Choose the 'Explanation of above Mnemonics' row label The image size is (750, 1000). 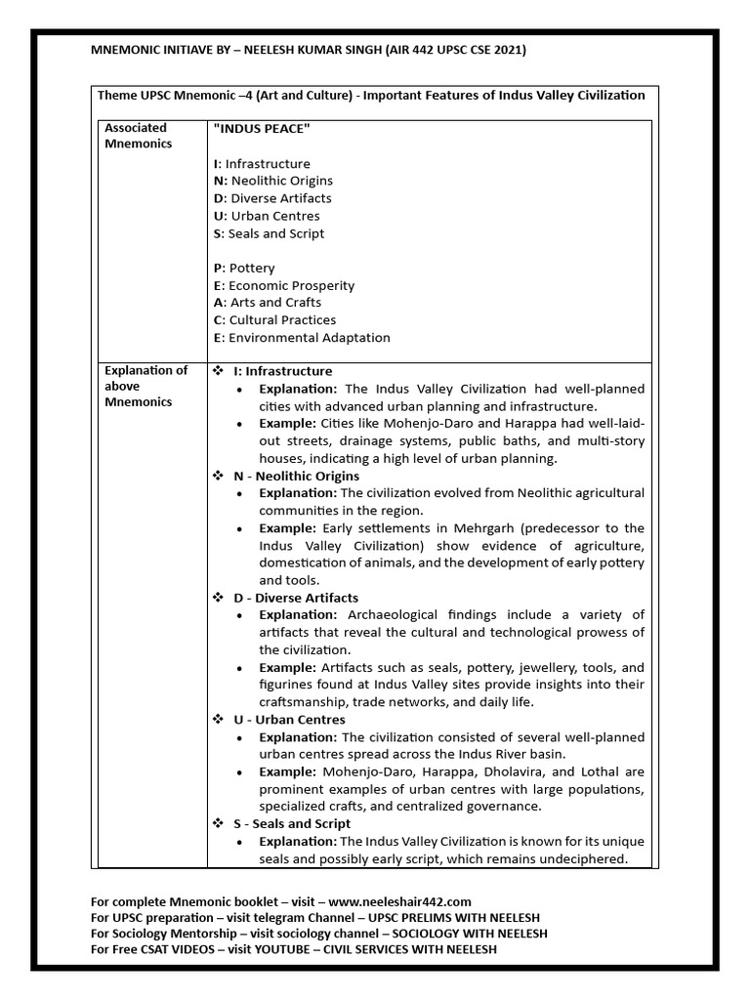[146, 386]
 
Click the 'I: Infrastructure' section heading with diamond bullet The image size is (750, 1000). [282, 371]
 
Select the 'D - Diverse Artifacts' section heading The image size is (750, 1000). [295, 597]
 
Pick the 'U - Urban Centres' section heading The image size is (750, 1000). [289, 720]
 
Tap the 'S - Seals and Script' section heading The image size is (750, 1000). [293, 824]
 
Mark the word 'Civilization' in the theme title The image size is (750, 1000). [604, 95]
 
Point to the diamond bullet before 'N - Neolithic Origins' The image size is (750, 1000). [219, 475]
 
